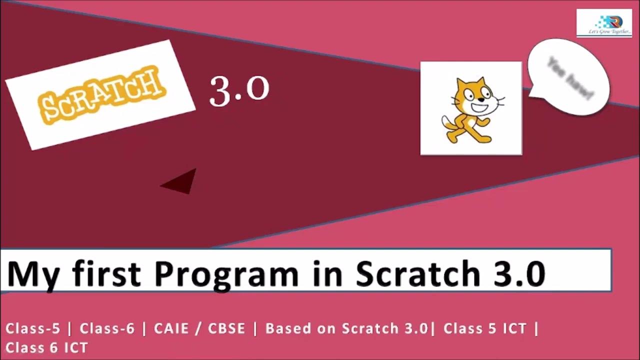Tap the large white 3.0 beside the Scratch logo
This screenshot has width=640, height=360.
[239, 91]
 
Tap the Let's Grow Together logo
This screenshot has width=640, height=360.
[603, 23]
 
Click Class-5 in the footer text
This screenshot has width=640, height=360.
[33, 328]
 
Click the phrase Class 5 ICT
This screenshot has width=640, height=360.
[485, 328]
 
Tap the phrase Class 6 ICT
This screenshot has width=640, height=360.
[47, 347]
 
